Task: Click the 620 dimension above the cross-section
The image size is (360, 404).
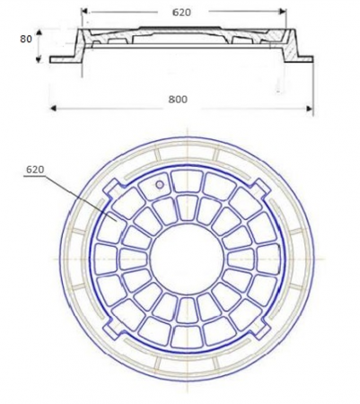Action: tap(181, 13)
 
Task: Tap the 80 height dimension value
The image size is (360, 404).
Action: tap(26, 39)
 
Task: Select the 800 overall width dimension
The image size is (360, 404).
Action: tap(178, 100)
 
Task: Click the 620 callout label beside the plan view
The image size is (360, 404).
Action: tap(35, 170)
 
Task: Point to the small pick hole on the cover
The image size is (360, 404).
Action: tap(160, 185)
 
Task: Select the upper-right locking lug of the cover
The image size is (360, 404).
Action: tap(260, 188)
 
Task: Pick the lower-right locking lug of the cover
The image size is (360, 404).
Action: tap(259, 329)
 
